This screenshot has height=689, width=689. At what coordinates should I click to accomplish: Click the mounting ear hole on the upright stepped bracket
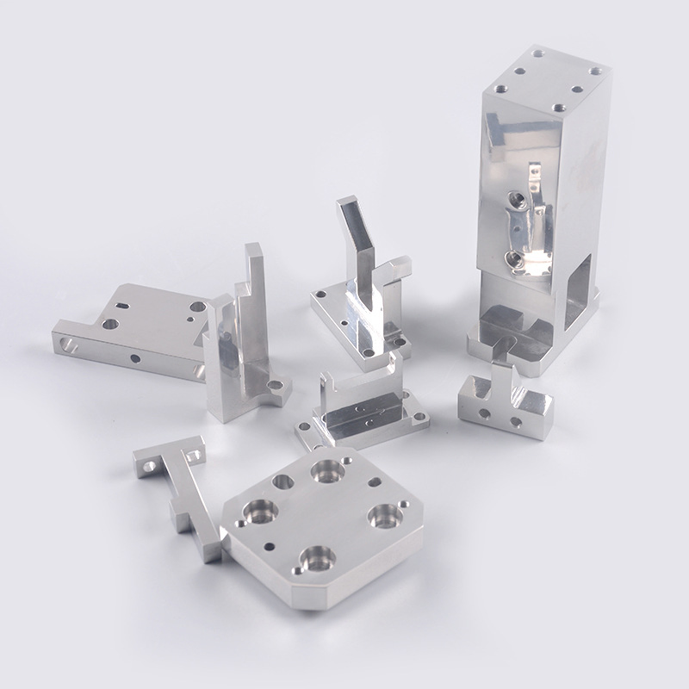coord(276,387)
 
